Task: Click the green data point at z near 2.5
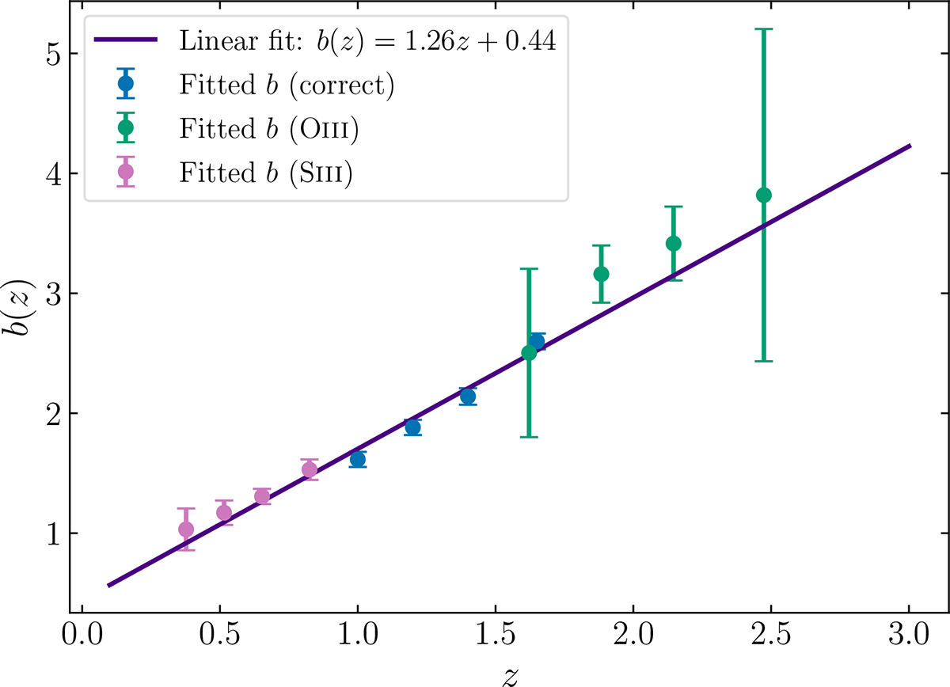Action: pyautogui.click(x=764, y=195)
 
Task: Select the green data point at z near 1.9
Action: pyautogui.click(x=601, y=274)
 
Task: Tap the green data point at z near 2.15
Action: pyautogui.click(x=674, y=243)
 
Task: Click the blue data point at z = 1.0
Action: pyautogui.click(x=358, y=459)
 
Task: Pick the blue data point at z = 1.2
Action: pyautogui.click(x=412, y=427)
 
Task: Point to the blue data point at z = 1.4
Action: pyautogui.click(x=468, y=396)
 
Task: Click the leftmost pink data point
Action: pyautogui.click(x=186, y=529)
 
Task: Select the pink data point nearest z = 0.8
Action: pyautogui.click(x=310, y=469)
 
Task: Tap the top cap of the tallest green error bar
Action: pyautogui.click(x=764, y=29)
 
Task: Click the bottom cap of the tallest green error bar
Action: pyautogui.click(x=764, y=361)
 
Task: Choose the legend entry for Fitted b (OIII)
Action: pyautogui.click(x=269, y=128)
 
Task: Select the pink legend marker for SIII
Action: pyautogui.click(x=125, y=172)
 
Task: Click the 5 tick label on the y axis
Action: pyautogui.click(x=53, y=54)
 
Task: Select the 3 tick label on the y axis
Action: pyautogui.click(x=53, y=294)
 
